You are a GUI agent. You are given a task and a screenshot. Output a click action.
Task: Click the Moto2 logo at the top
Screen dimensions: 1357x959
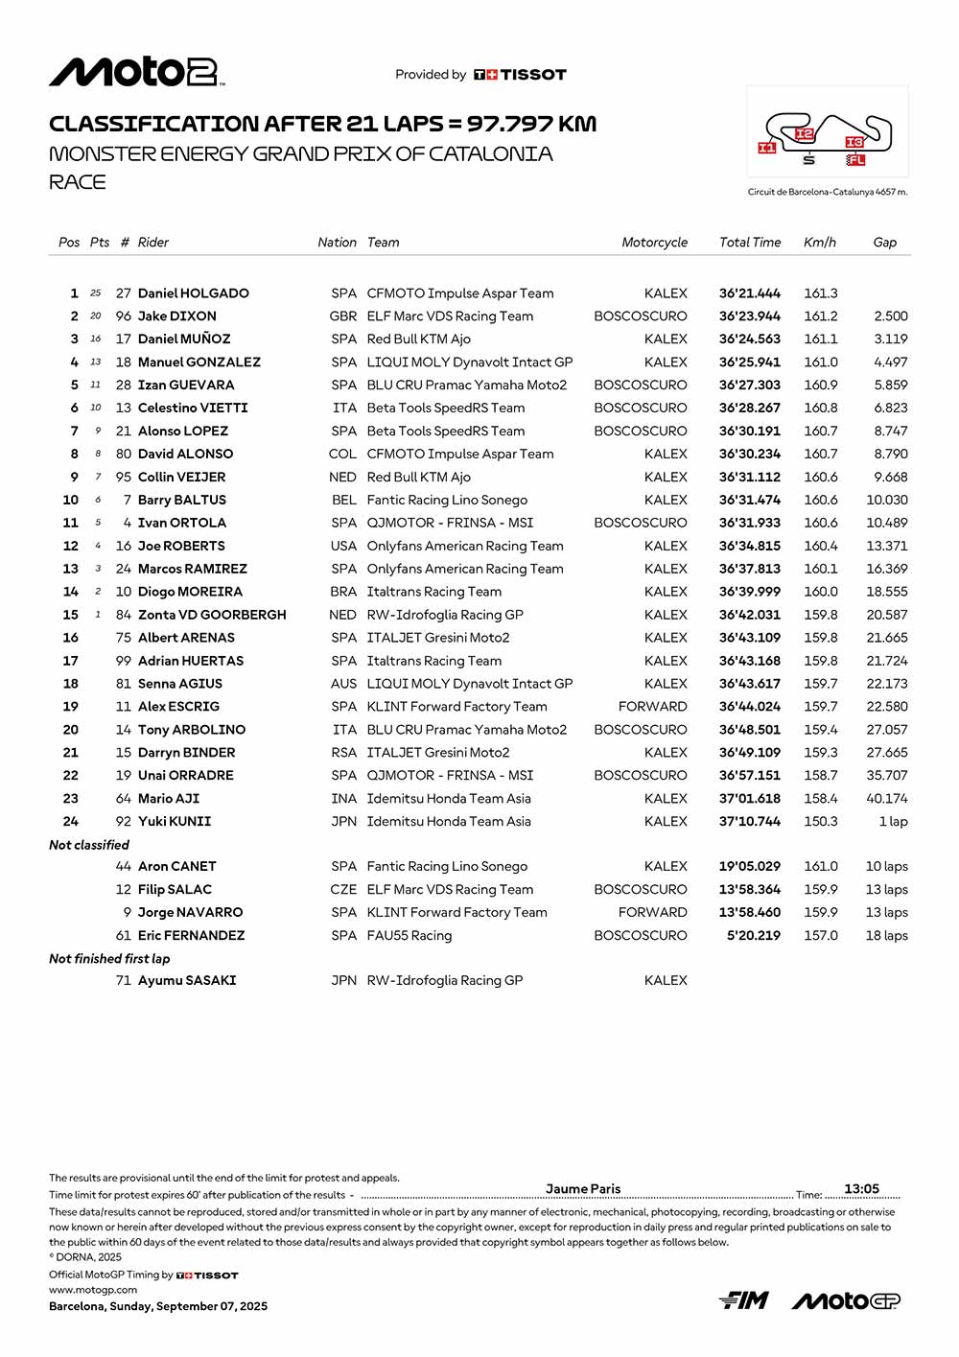coord(136,72)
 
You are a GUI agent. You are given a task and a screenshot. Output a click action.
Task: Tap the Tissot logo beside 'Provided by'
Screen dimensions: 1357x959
coord(520,75)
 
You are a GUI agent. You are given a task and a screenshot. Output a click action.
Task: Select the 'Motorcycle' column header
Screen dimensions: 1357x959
coord(654,243)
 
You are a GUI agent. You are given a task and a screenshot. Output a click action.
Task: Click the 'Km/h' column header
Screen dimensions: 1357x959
coord(819,243)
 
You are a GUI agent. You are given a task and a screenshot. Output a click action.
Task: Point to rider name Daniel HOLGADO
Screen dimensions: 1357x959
coord(193,293)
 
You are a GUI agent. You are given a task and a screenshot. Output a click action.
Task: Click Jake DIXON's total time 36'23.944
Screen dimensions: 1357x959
coord(749,316)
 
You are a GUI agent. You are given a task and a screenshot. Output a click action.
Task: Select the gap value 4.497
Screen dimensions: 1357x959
coord(890,363)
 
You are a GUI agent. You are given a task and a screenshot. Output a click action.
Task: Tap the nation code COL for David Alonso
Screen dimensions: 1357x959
coord(342,455)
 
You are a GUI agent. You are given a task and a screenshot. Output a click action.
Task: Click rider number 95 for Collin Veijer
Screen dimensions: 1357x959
coord(124,478)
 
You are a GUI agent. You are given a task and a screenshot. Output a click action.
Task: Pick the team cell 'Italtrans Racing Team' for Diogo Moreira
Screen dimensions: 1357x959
coord(433,592)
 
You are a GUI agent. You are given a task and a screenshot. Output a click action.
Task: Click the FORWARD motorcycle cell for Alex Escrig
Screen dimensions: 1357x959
coord(652,707)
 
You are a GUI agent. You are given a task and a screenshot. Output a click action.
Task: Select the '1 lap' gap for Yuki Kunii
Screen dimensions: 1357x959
coord(893,822)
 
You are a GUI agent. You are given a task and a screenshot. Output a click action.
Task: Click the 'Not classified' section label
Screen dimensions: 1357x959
coord(89,845)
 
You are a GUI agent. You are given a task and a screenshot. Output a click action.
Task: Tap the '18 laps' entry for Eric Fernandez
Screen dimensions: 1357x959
coord(886,936)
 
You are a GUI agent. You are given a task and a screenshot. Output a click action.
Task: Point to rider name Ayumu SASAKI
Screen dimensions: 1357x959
coord(187,981)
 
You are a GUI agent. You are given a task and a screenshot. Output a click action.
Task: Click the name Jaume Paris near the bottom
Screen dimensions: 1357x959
coord(583,1189)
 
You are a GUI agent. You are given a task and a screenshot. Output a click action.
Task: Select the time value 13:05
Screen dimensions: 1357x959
coord(861,1189)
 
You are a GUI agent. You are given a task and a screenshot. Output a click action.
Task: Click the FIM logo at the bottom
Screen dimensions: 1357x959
coord(744,1300)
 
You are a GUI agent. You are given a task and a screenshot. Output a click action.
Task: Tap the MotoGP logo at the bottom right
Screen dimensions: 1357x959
coord(846,1300)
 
